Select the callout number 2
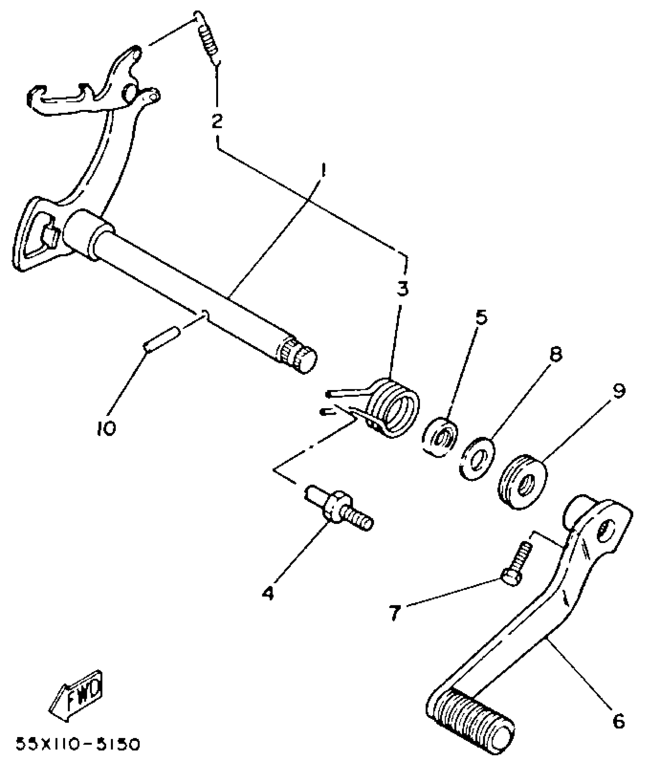(x=217, y=121)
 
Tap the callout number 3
(x=402, y=288)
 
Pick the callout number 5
(x=481, y=318)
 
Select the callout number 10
(x=105, y=428)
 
